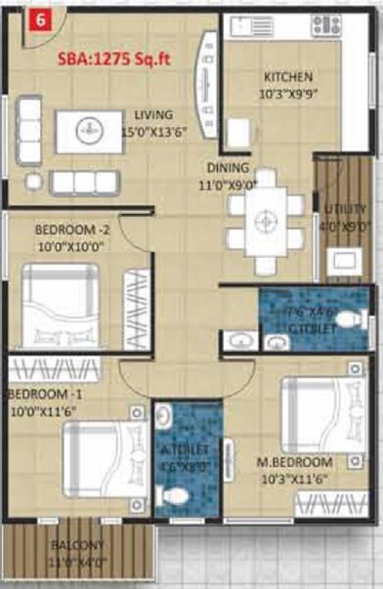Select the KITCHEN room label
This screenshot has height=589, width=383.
[x=288, y=77]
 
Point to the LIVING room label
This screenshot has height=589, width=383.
[x=153, y=114]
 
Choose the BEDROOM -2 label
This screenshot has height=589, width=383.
[x=68, y=230]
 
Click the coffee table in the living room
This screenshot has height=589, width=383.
[x=89, y=131]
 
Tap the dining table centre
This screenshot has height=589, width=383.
[x=262, y=222]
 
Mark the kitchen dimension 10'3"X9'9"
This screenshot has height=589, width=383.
[x=286, y=95]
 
